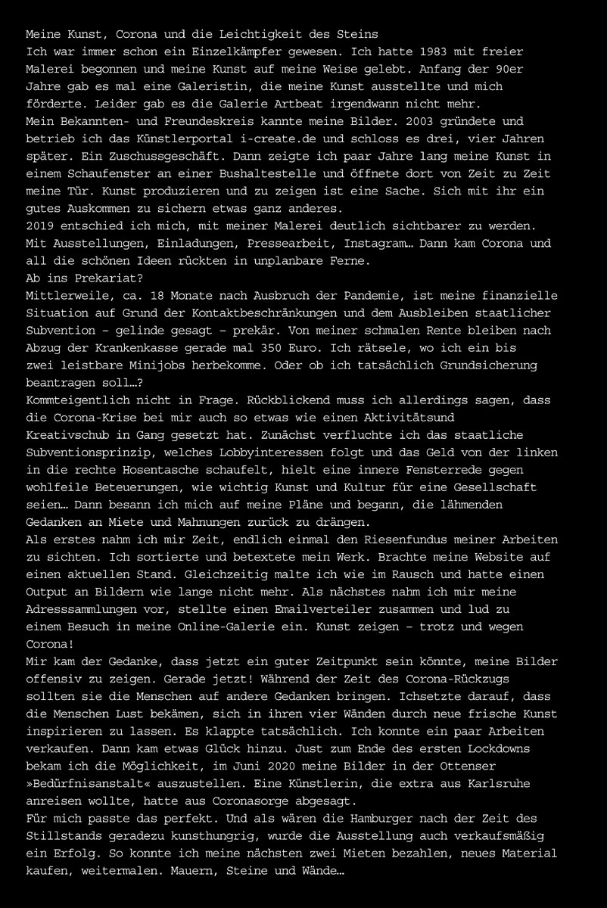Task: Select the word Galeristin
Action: (191, 87)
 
